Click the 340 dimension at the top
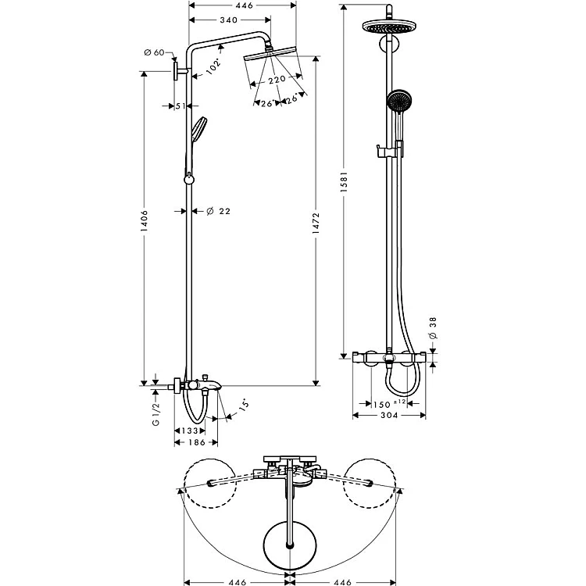(x=228, y=20)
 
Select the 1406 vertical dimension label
(x=145, y=221)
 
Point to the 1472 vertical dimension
(x=316, y=223)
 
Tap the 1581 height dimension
(x=344, y=182)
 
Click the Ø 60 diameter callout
(x=155, y=52)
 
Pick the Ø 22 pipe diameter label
(x=219, y=212)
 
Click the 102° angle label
(x=214, y=67)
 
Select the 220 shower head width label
(x=277, y=79)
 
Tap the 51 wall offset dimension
(x=180, y=106)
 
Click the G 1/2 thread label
(x=155, y=413)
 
